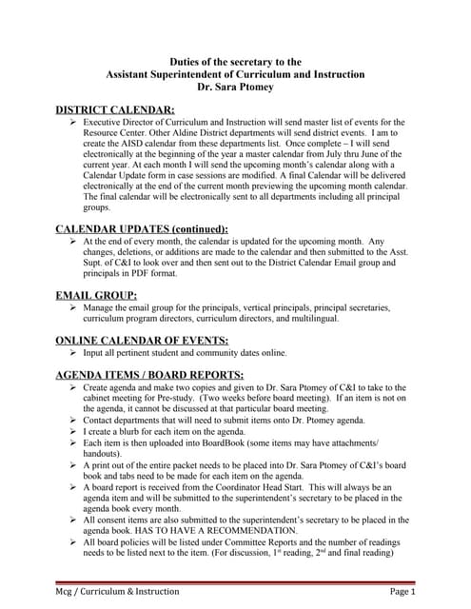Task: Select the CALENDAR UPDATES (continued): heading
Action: point(142,228)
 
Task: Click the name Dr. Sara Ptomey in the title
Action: point(235,87)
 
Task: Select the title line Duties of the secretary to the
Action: point(235,61)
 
